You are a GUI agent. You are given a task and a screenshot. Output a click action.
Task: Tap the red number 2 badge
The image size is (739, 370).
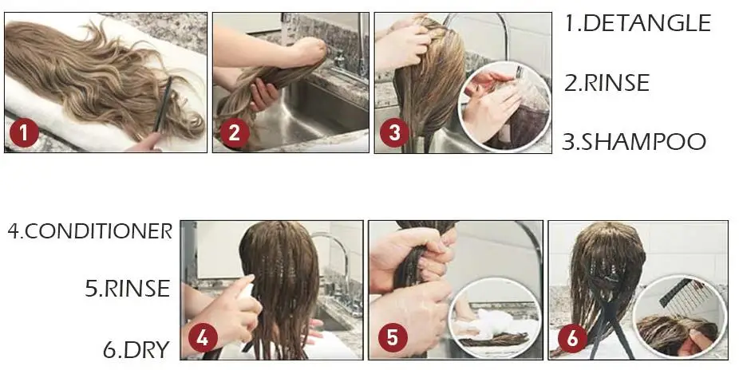(234, 132)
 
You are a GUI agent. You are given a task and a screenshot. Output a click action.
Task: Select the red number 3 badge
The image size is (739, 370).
(394, 132)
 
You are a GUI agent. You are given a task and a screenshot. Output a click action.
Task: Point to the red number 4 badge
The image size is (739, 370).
(203, 337)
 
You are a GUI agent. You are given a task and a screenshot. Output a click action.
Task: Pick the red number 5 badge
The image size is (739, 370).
(392, 337)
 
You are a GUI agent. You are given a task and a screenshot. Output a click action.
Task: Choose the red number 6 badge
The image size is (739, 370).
(572, 338)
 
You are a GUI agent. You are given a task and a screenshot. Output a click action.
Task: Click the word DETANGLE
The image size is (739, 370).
(646, 23)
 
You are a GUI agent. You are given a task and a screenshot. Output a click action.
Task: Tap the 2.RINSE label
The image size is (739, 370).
(607, 83)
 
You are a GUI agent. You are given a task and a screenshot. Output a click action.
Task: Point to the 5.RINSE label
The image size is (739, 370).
(127, 288)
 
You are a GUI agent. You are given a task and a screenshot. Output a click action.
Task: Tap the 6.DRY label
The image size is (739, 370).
(136, 349)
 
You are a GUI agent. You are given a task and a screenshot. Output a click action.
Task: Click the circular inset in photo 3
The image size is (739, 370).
(504, 106)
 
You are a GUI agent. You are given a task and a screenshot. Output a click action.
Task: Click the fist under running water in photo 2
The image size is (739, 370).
(310, 51)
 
